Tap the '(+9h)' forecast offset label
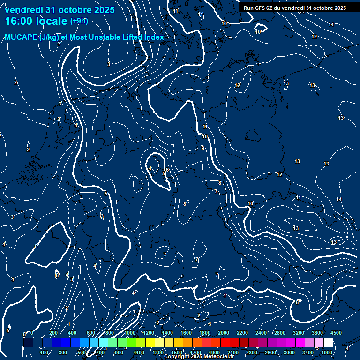[x=79, y=21]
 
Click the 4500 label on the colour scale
[x=336, y=333]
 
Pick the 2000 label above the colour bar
[x=224, y=333]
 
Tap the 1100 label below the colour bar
[x=139, y=352]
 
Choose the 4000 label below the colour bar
[x=327, y=352]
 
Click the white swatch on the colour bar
[x=329, y=343]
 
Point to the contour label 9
[x=203, y=148]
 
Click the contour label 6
[x=167, y=170]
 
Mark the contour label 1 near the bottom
[x=69, y=324]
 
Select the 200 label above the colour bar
[x=53, y=333]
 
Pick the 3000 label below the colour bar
[x=289, y=352]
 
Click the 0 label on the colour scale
[x=31, y=333]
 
